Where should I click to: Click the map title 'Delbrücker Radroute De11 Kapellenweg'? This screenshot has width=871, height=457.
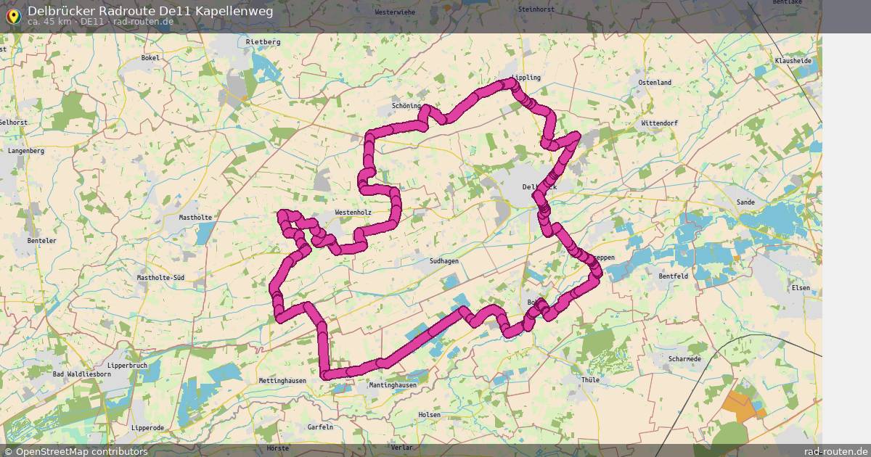coord(150,10)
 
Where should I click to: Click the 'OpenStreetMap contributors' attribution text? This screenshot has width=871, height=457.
coord(81,451)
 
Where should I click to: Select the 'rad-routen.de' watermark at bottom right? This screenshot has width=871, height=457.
coord(835,451)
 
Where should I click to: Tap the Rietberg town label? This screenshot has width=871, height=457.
coord(263,42)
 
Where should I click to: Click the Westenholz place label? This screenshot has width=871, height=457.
coord(353,213)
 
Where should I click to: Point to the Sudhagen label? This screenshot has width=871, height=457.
coord(444,261)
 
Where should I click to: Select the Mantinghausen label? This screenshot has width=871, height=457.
coord(393,385)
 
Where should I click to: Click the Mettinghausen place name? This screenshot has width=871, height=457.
coord(282,381)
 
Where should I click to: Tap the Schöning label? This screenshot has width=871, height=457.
coord(406,106)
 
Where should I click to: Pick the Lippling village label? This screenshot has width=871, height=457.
coord(526,78)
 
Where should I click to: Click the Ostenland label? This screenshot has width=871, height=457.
coord(655,83)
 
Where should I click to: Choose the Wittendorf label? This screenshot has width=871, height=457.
coord(659,123)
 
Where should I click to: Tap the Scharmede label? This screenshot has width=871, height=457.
coord(684,359)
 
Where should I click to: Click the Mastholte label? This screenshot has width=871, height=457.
coord(195,217)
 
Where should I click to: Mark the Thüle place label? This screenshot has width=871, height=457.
coord(591,380)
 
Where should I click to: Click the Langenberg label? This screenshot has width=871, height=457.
coord(26,151)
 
